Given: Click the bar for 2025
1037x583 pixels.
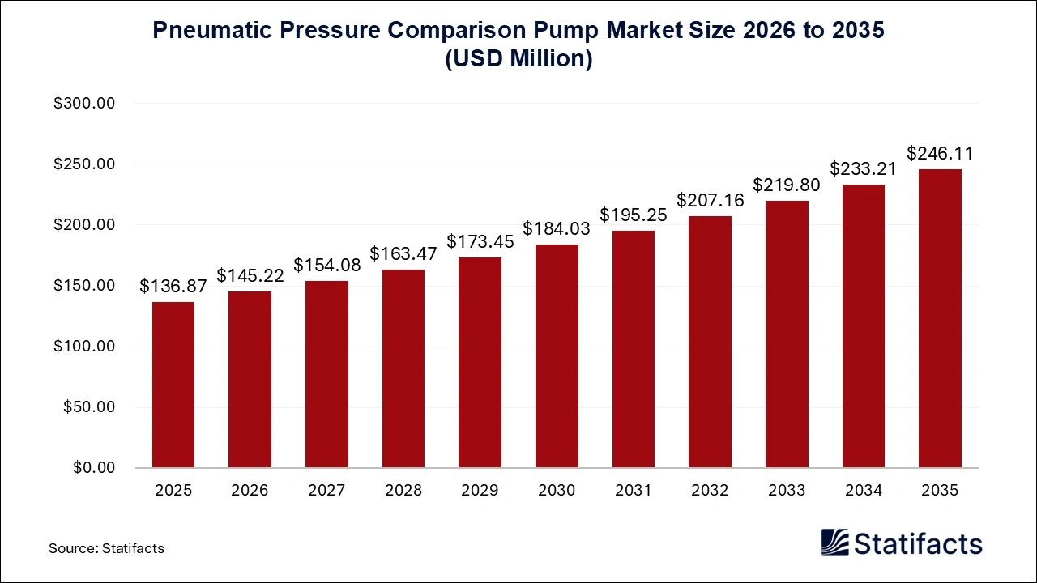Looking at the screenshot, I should pyautogui.click(x=173, y=385).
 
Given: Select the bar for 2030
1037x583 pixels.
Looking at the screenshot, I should pyautogui.click(x=557, y=356).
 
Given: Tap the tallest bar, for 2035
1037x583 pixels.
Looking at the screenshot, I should pyautogui.click(x=940, y=318).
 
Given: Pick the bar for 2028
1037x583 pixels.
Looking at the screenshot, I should pyautogui.click(x=403, y=368).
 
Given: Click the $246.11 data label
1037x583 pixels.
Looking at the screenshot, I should pyautogui.click(x=940, y=153).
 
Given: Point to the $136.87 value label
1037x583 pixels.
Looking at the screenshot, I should pyautogui.click(x=173, y=286).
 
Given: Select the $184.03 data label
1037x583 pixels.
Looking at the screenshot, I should pyautogui.click(x=557, y=229).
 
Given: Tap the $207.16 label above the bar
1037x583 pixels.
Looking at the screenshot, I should pyautogui.click(x=710, y=200).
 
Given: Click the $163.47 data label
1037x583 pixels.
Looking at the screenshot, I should pyautogui.click(x=403, y=253).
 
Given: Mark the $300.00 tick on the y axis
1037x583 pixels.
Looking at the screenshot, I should pyautogui.click(x=84, y=104).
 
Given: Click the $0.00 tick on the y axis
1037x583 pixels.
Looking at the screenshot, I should pyautogui.click(x=95, y=468).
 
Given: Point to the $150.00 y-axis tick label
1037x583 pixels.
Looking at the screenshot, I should pyautogui.click(x=84, y=286).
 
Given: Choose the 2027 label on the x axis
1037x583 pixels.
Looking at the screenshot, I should pyautogui.click(x=326, y=490).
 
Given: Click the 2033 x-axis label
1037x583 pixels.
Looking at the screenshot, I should pyautogui.click(x=787, y=490).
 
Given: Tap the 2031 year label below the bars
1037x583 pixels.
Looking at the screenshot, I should pyautogui.click(x=634, y=490).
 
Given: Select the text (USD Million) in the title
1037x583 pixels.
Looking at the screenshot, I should pyautogui.click(x=518, y=59).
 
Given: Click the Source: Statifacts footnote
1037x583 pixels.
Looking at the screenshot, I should pyautogui.click(x=106, y=548).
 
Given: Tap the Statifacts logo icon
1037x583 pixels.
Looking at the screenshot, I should pyautogui.click(x=834, y=543).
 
